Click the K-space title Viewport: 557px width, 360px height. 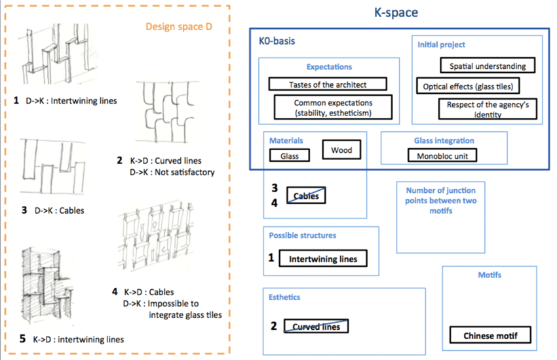pyautogui.click(x=396, y=12)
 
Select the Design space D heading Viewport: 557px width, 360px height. pyautogui.click(x=182, y=27)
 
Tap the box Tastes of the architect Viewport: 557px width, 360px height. pyautogui.click(x=328, y=85)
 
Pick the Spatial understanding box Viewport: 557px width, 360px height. pyautogui.click(x=488, y=66)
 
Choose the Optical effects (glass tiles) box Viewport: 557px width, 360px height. pyautogui.click(x=468, y=86)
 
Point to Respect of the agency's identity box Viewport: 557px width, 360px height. pyautogui.click(x=483, y=109)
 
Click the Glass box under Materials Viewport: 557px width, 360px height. pyautogui.click(x=289, y=156)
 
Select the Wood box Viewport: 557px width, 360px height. pyautogui.click(x=341, y=150)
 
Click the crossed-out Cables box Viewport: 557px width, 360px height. pyautogui.click(x=306, y=195)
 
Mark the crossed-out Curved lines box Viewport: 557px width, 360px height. pyautogui.click(x=316, y=326)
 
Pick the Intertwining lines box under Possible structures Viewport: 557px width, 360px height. pyautogui.click(x=323, y=258)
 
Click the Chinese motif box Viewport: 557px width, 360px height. pyautogui.click(x=490, y=336)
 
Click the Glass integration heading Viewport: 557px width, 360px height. pyautogui.click(x=444, y=140)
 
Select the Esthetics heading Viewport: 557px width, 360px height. pyautogui.click(x=284, y=297)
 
